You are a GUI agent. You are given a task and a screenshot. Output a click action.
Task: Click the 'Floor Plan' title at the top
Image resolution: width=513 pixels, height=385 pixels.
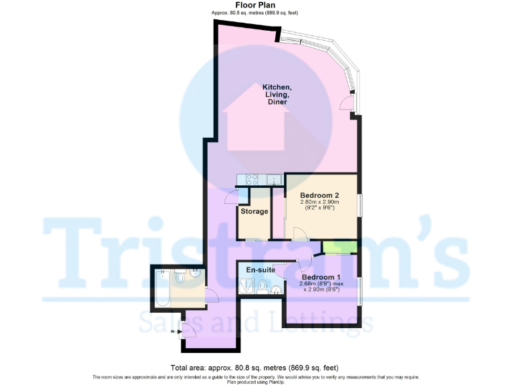(x=256, y=5)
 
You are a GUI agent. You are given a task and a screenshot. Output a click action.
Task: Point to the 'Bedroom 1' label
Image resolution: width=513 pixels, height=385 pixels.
(x=321, y=277)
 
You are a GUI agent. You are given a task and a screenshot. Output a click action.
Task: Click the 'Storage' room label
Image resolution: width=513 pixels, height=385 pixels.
(x=254, y=211)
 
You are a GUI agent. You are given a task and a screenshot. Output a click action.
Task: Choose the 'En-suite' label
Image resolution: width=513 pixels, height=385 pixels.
(x=261, y=269)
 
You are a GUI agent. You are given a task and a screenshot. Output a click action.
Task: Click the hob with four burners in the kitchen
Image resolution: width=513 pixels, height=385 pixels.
(x=252, y=178)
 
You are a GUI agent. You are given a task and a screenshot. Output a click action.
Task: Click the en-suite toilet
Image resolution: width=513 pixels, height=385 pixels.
(x=263, y=288)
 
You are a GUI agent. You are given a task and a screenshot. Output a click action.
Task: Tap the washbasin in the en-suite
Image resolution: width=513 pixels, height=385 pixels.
(x=275, y=289)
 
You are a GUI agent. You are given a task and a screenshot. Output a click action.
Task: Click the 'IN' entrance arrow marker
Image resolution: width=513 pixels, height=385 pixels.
(x=176, y=330)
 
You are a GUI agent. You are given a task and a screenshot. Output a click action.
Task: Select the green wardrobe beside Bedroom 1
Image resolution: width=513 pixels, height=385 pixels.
(x=338, y=247)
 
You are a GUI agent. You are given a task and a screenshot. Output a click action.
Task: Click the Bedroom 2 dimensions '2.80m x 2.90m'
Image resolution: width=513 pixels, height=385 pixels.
(x=319, y=202)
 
